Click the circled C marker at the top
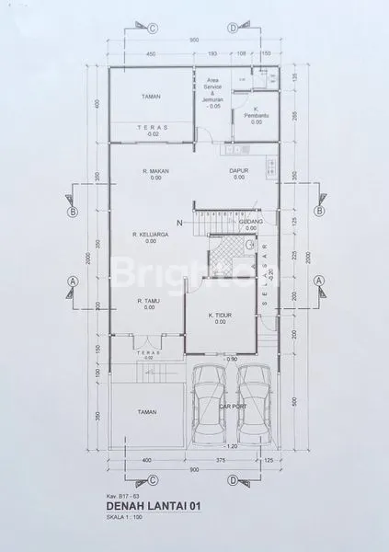click(153, 28)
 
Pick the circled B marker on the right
click(317, 210)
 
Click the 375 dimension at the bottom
click(220, 459)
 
